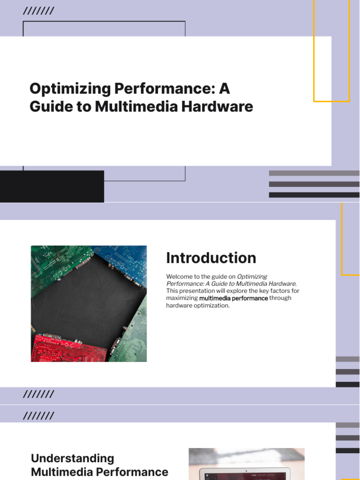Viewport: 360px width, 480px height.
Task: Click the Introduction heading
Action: [x=211, y=258]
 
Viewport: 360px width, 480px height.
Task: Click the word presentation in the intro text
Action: [x=195, y=291]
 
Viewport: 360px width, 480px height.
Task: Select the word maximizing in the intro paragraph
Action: [x=182, y=298]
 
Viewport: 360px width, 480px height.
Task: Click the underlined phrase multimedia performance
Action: [x=233, y=298]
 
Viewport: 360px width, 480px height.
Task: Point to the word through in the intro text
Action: [x=280, y=298]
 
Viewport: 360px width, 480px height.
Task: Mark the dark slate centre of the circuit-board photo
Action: [x=84, y=300]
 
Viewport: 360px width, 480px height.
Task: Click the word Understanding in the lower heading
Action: [x=72, y=458]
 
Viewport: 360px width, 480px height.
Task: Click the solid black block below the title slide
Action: [x=52, y=187]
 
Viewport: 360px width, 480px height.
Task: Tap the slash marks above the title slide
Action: [x=38, y=11]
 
